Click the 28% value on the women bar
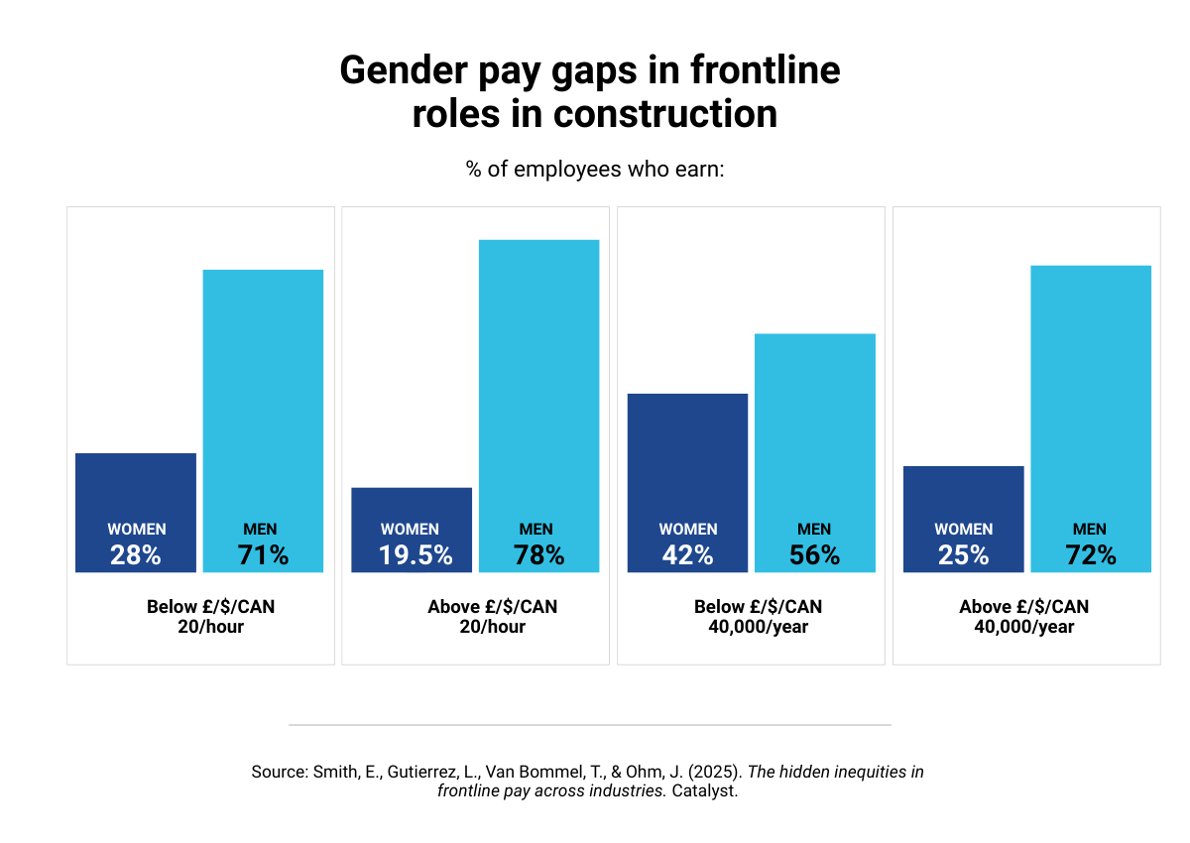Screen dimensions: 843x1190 (136, 555)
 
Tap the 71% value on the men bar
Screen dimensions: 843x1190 (263, 555)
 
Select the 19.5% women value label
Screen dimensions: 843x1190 (416, 555)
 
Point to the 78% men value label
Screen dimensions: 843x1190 (538, 555)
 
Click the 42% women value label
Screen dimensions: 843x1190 (688, 555)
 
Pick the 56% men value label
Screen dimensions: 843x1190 (814, 555)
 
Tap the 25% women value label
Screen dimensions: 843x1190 (964, 555)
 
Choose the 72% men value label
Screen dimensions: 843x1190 (1090, 555)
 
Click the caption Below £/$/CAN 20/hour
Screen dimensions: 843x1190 (210, 616)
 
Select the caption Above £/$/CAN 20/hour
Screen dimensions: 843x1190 (492, 616)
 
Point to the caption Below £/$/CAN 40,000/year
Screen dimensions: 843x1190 (758, 616)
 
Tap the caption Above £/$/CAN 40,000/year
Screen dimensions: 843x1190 (1023, 616)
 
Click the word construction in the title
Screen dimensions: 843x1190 (664, 114)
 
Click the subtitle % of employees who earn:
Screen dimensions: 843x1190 (595, 170)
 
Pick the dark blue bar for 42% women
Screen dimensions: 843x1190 (688, 456)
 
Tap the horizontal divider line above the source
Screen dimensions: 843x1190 (590, 725)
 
